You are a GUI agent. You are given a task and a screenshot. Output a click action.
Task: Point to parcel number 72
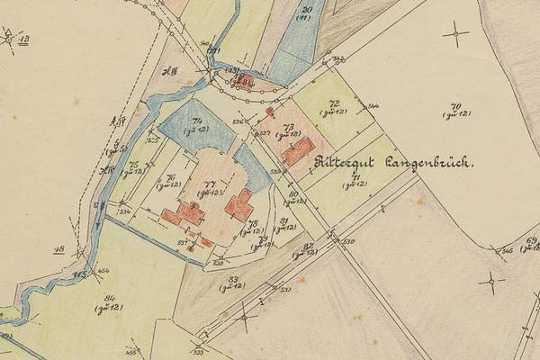click(x=333, y=104)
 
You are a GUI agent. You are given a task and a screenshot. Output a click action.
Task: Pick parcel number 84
click(x=110, y=299)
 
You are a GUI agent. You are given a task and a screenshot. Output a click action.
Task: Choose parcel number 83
click(x=233, y=281)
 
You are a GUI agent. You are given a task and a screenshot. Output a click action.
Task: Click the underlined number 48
click(x=59, y=250)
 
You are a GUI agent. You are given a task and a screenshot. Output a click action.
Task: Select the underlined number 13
click(x=23, y=39)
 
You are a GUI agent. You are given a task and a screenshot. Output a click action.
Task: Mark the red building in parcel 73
click(x=298, y=149)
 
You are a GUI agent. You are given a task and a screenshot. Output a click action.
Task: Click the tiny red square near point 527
click(x=270, y=112)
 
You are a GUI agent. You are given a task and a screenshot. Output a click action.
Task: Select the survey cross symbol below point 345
click(x=491, y=279)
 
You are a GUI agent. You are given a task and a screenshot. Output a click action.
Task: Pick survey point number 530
click(x=348, y=242)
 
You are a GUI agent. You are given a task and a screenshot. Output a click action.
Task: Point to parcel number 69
click(x=532, y=239)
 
